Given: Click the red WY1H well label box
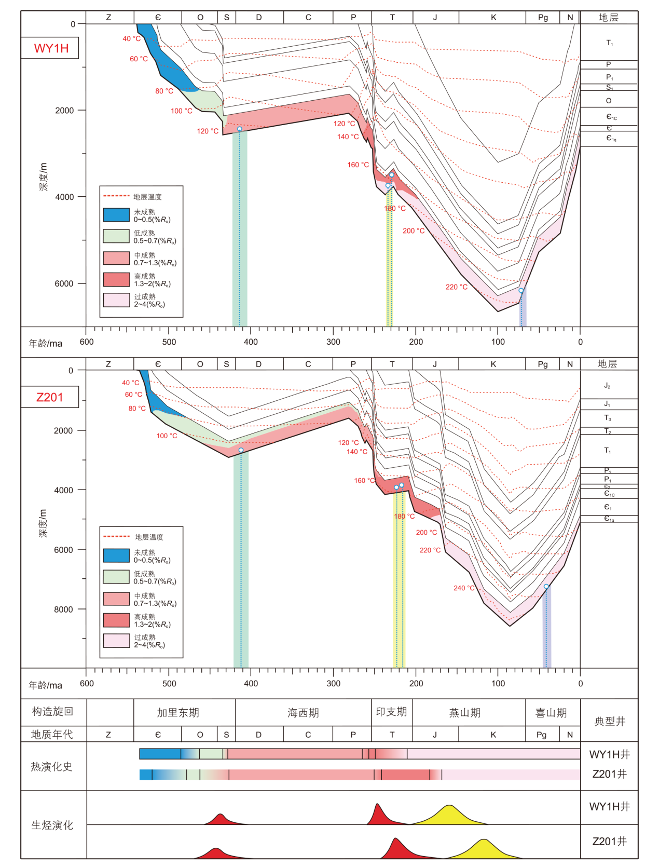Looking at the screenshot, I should (x=50, y=48).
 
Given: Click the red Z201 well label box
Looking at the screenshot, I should (x=50, y=397).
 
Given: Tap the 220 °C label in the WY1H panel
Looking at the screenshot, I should (x=456, y=287).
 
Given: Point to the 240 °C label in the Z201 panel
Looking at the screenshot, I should (x=464, y=588).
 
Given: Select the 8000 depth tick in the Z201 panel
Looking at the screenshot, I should (x=63, y=609).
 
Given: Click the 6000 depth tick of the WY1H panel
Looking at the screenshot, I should (x=64, y=283).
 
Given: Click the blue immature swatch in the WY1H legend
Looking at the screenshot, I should (x=116, y=215).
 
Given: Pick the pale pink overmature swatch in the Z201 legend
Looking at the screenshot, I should (x=116, y=641).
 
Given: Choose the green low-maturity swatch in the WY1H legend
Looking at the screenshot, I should (x=116, y=236).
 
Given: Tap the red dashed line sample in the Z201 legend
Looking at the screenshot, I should (x=116, y=536).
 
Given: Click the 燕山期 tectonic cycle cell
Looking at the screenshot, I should (x=465, y=712).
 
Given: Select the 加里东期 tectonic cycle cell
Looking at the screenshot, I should (x=178, y=712).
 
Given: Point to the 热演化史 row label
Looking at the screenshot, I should (x=51, y=766).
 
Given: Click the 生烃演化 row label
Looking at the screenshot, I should (x=52, y=825).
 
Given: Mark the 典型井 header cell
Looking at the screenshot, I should (x=610, y=721).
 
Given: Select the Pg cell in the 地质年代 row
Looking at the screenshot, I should (x=542, y=734).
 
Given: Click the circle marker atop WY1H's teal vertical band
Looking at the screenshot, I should (x=240, y=129).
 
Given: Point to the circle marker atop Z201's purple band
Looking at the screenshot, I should (x=546, y=587).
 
